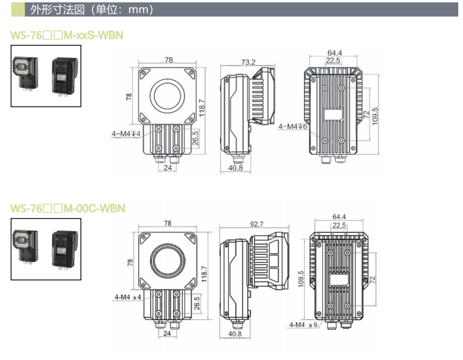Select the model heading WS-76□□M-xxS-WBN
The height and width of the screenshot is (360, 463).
tap(67, 35)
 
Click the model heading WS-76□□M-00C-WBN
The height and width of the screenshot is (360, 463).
tap(68, 208)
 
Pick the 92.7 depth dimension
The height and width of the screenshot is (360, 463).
tap(257, 224)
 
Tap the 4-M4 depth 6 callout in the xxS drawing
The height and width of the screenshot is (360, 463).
tap(292, 126)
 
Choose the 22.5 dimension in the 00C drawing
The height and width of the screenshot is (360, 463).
tap(339, 225)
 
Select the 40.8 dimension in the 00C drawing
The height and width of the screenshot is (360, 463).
tap(235, 335)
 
